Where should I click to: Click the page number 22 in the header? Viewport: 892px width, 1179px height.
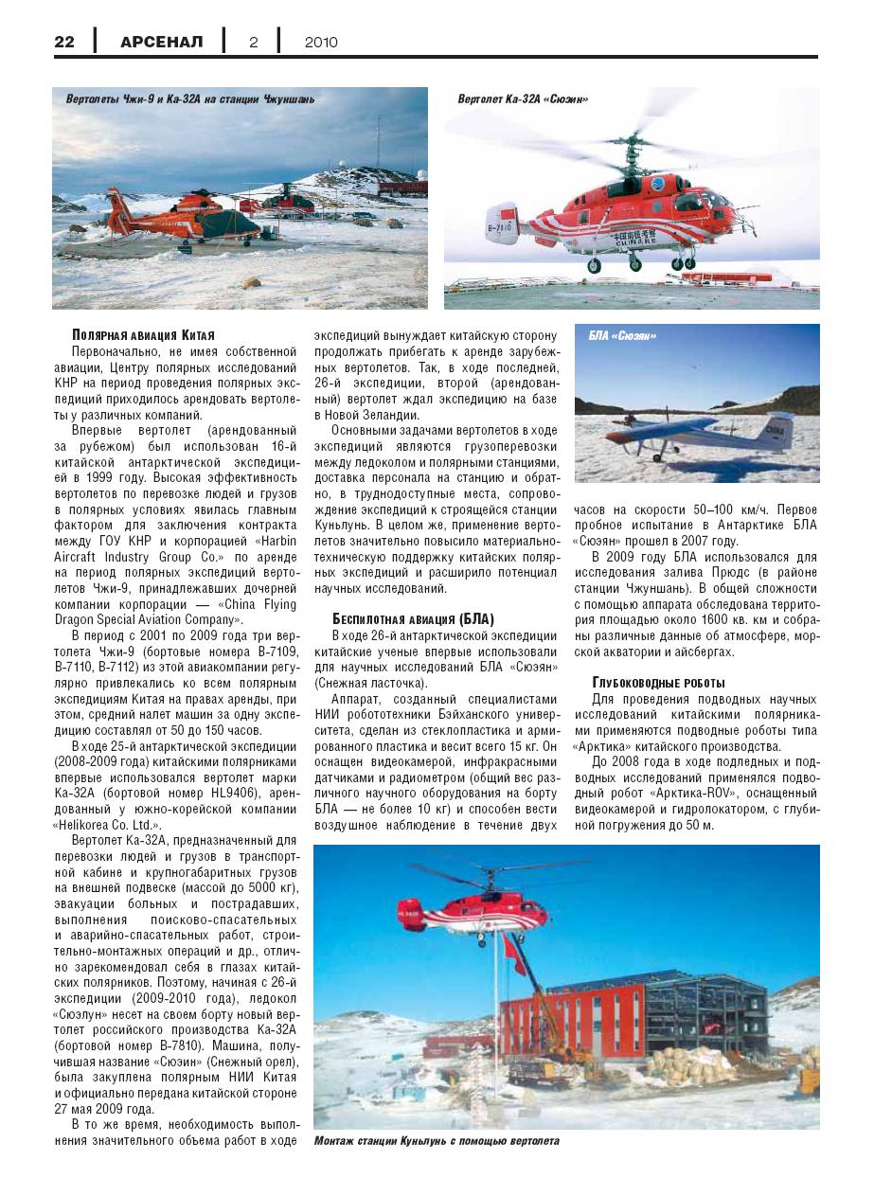pos(64,42)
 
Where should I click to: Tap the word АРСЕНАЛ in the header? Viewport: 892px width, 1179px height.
pos(162,42)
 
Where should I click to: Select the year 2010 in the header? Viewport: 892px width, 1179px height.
pos(321,42)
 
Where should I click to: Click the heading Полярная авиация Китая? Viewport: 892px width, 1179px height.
pos(144,335)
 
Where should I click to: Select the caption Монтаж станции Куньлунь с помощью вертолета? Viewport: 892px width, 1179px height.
pos(437,1140)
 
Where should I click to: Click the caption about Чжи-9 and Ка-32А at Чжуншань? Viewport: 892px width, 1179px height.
pos(190,98)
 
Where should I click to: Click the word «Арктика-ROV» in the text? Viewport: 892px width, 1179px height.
pos(684,793)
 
